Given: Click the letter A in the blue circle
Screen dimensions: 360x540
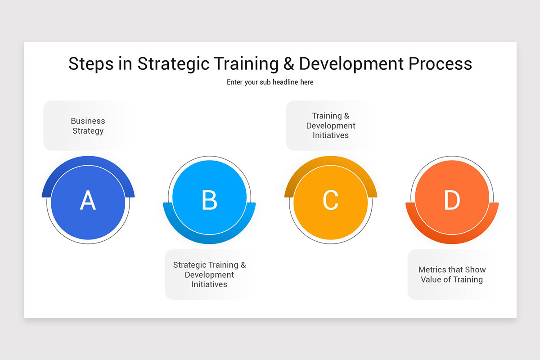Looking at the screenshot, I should point(88,201).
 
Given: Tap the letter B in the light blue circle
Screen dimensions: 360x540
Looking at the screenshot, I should point(209,201).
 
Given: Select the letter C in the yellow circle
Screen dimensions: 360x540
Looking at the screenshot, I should point(330,201).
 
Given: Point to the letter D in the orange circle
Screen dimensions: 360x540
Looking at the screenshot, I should point(452,201).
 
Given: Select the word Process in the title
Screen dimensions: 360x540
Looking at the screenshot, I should point(440,64).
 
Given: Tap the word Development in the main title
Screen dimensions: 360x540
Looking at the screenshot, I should point(351,64).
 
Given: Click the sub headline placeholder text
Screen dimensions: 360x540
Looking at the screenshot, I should point(270,82).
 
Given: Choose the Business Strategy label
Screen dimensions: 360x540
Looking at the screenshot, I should point(88,126).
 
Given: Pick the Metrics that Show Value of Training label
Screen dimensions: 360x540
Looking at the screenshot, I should point(452,274).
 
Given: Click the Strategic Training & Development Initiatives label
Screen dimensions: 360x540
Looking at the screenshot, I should point(209,274).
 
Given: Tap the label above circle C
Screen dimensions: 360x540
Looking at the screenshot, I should point(331,126).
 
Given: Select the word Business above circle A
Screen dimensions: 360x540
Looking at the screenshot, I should point(88,121).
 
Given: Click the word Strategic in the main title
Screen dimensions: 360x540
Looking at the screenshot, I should point(173,64).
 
